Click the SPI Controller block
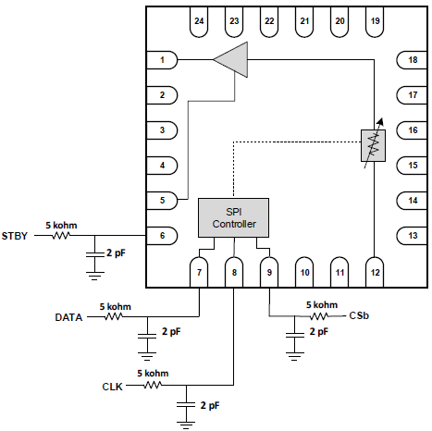click(233, 217)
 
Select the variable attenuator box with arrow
click(373, 144)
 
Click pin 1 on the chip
click(162, 60)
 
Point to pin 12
click(375, 272)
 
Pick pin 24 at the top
click(199, 21)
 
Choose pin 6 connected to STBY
click(162, 236)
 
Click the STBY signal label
click(15, 236)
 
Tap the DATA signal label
click(68, 317)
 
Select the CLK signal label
click(112, 387)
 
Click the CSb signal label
click(359, 315)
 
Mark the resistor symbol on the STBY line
click(61, 236)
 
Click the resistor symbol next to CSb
click(319, 316)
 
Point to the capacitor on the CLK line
click(186, 404)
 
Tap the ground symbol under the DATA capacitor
click(147, 356)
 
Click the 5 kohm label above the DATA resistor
click(115, 307)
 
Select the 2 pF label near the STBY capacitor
click(116, 253)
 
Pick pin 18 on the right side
click(412, 60)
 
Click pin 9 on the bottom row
click(269, 272)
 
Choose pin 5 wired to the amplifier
click(162, 201)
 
